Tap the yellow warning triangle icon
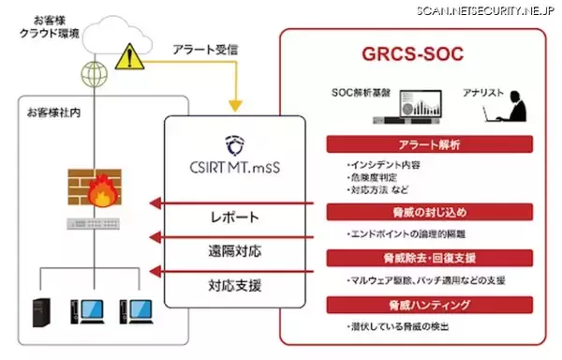125,61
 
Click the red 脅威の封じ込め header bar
430,211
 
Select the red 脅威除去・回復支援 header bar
430,258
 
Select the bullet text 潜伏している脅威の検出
398,325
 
